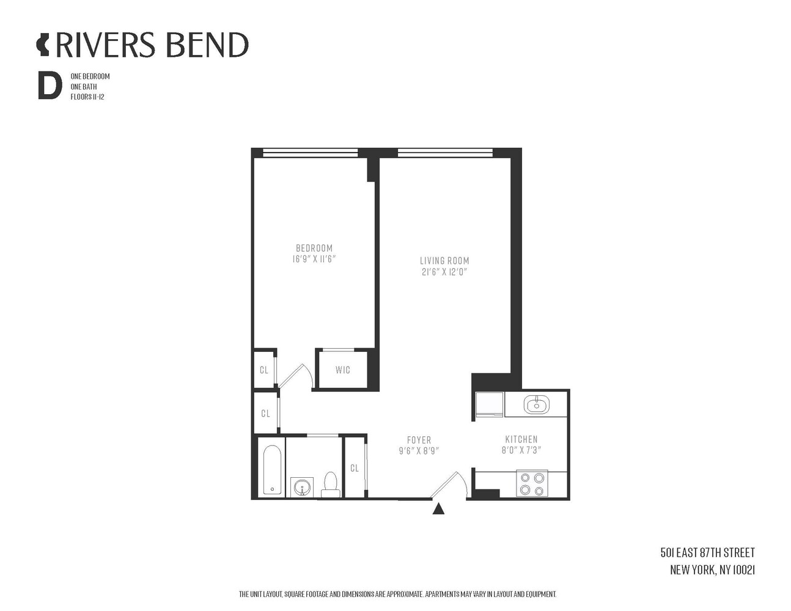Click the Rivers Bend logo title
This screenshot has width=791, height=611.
142,45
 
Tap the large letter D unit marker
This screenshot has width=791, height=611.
50,86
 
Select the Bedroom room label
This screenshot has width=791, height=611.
314,248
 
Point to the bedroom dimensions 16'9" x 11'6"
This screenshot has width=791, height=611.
314,259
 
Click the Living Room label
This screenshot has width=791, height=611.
444,261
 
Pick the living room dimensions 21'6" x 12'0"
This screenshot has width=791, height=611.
444,272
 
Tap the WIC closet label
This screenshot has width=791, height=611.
342,370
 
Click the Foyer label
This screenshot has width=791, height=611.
419,440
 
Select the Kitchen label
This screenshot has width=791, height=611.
521,439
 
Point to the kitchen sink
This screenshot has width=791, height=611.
536,404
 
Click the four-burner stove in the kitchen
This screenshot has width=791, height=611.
532,484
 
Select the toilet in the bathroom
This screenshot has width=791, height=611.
331,485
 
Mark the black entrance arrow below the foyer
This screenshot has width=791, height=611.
438,509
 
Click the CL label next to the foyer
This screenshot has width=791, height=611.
354,468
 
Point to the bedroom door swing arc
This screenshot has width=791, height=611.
307,375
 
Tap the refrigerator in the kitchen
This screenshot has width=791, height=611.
489,404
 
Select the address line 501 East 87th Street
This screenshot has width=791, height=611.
707,553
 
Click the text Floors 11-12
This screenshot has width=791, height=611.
87,97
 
